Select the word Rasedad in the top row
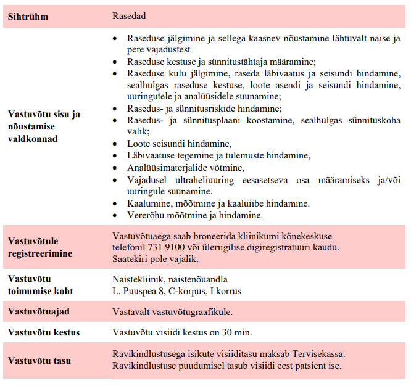[x=128, y=15]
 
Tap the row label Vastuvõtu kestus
[x=44, y=332]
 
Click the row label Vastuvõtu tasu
[x=39, y=360]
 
